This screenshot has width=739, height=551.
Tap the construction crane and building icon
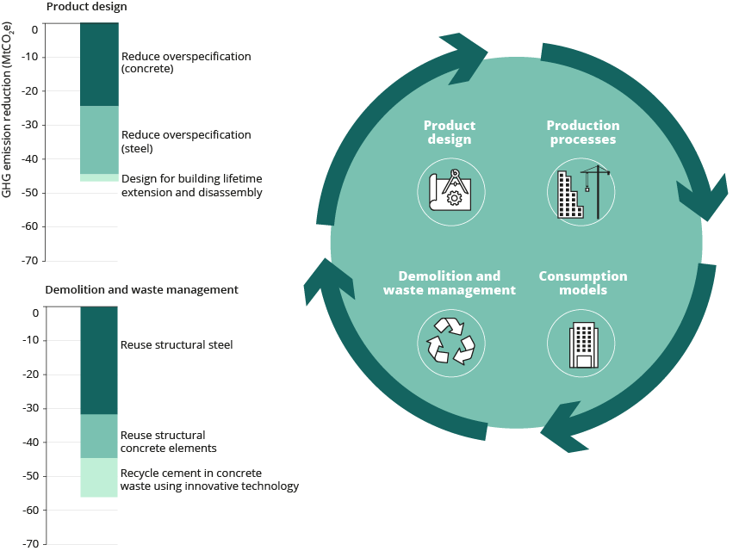tap(583, 192)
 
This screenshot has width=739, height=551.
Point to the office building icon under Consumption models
tap(583, 344)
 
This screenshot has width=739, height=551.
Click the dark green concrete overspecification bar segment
tap(99, 65)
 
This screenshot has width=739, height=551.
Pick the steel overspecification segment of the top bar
tap(99, 139)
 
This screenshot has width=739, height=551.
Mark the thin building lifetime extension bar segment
tap(99, 178)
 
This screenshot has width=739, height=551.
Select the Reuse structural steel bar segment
tap(99, 360)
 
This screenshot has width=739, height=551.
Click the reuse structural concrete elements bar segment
tap(99, 436)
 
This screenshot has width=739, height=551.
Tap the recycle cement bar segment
tap(99, 478)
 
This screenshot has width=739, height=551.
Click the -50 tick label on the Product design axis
tap(29, 193)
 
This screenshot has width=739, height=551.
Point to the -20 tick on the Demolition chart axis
tap(31, 375)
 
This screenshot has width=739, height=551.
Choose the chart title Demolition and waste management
tap(141, 289)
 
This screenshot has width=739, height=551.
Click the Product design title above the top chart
tap(87, 7)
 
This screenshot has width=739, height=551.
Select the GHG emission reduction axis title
tap(7, 110)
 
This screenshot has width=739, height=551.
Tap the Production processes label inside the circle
tap(583, 133)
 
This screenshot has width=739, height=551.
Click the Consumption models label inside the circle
tap(583, 282)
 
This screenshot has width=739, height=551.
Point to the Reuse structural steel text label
tap(177, 344)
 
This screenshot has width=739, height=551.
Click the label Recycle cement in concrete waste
tap(210, 480)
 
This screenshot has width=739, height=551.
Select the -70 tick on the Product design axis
tap(29, 260)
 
